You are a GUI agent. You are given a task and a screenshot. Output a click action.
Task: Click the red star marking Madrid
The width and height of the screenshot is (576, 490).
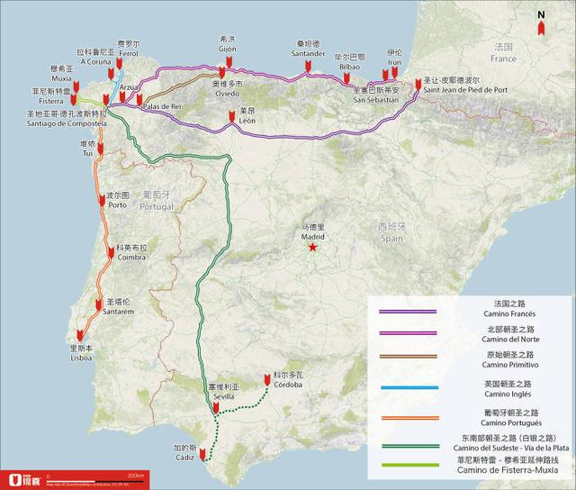(312, 246)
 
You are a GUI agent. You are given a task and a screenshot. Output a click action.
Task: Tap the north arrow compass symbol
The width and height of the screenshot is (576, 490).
(540, 23)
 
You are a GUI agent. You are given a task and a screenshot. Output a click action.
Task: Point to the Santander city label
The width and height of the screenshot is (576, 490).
(309, 53)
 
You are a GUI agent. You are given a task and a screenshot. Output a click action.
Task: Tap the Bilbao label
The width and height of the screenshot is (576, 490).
(348, 66)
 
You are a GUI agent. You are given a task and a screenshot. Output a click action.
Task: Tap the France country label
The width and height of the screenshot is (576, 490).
(504, 59)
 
